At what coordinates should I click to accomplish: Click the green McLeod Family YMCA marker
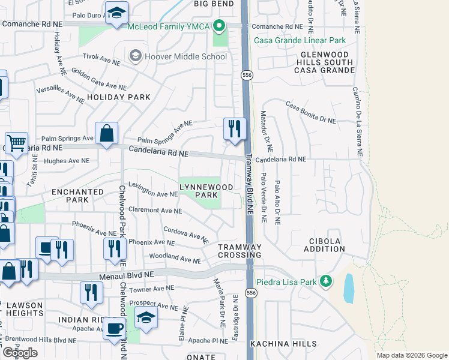click(219, 26)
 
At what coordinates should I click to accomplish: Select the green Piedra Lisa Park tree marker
click(325, 281)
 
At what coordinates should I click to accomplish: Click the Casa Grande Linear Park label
click(300, 40)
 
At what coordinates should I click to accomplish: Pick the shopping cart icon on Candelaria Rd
click(16, 143)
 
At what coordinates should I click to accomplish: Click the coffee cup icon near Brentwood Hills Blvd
click(114, 328)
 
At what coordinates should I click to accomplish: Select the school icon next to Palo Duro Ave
click(116, 13)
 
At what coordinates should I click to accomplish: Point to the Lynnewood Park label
click(206, 191)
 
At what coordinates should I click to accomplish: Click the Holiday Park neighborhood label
click(118, 97)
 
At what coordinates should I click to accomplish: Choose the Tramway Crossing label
click(240, 251)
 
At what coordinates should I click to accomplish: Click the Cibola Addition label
click(325, 245)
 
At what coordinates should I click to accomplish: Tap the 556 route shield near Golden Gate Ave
click(247, 75)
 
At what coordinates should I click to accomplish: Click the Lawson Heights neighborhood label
click(24, 310)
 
